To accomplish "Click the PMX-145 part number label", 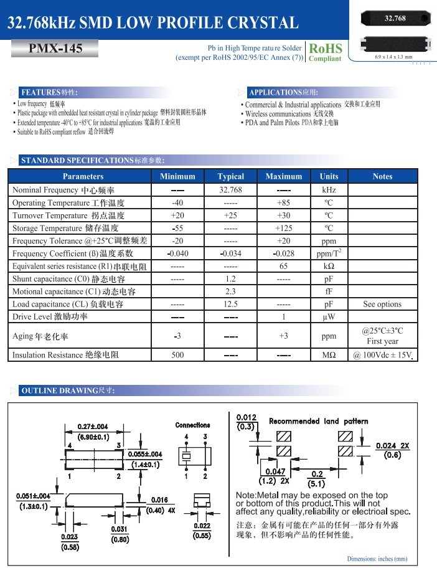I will pos(55,49).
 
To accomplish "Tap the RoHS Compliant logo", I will pos(325,51).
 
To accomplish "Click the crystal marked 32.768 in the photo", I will pos(395,18).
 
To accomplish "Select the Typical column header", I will pos(231,176).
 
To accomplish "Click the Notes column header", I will pos(382,176).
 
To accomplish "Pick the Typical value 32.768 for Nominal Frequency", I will pos(231,190).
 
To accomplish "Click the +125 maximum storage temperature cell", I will pos(283,228).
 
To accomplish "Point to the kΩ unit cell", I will pos(329,266).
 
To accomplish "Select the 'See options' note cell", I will pos(382,304).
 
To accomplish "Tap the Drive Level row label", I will pos(50,316).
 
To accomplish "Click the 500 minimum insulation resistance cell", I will pos(177,355).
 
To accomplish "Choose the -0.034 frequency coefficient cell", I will pos(231,253).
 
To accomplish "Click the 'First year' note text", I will pos(382,341).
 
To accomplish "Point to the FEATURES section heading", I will pos(49,92).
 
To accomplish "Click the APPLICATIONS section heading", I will pos(283,92).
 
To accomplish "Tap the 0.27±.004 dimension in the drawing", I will pos(93,427).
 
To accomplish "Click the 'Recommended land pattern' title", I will pos(318,422).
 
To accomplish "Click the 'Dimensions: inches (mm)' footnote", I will pos(377,559).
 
